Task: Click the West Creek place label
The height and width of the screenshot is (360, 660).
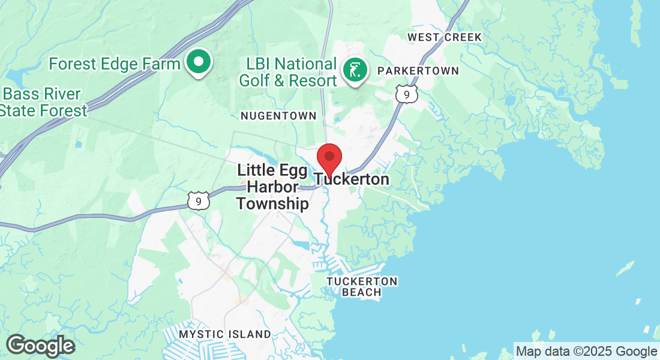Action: (444, 37)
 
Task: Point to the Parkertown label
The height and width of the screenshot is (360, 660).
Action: (418, 71)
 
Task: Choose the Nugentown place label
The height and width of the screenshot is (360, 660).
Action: (278, 115)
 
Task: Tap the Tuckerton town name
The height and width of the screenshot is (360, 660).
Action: (352, 179)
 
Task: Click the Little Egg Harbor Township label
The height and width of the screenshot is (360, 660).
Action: (273, 187)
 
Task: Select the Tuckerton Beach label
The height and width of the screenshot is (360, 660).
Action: (362, 287)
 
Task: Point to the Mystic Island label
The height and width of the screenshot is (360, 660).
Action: (226, 334)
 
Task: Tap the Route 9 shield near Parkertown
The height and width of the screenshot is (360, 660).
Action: (406, 93)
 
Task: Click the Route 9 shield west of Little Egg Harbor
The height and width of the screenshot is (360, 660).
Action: (197, 200)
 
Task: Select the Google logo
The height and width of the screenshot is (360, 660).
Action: (40, 346)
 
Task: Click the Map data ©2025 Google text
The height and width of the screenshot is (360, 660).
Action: (586, 352)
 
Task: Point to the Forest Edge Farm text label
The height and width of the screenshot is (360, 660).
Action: (115, 64)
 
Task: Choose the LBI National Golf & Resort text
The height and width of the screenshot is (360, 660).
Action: (288, 72)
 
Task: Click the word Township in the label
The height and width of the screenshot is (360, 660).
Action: (273, 204)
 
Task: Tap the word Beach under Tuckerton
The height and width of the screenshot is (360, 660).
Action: (362, 293)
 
